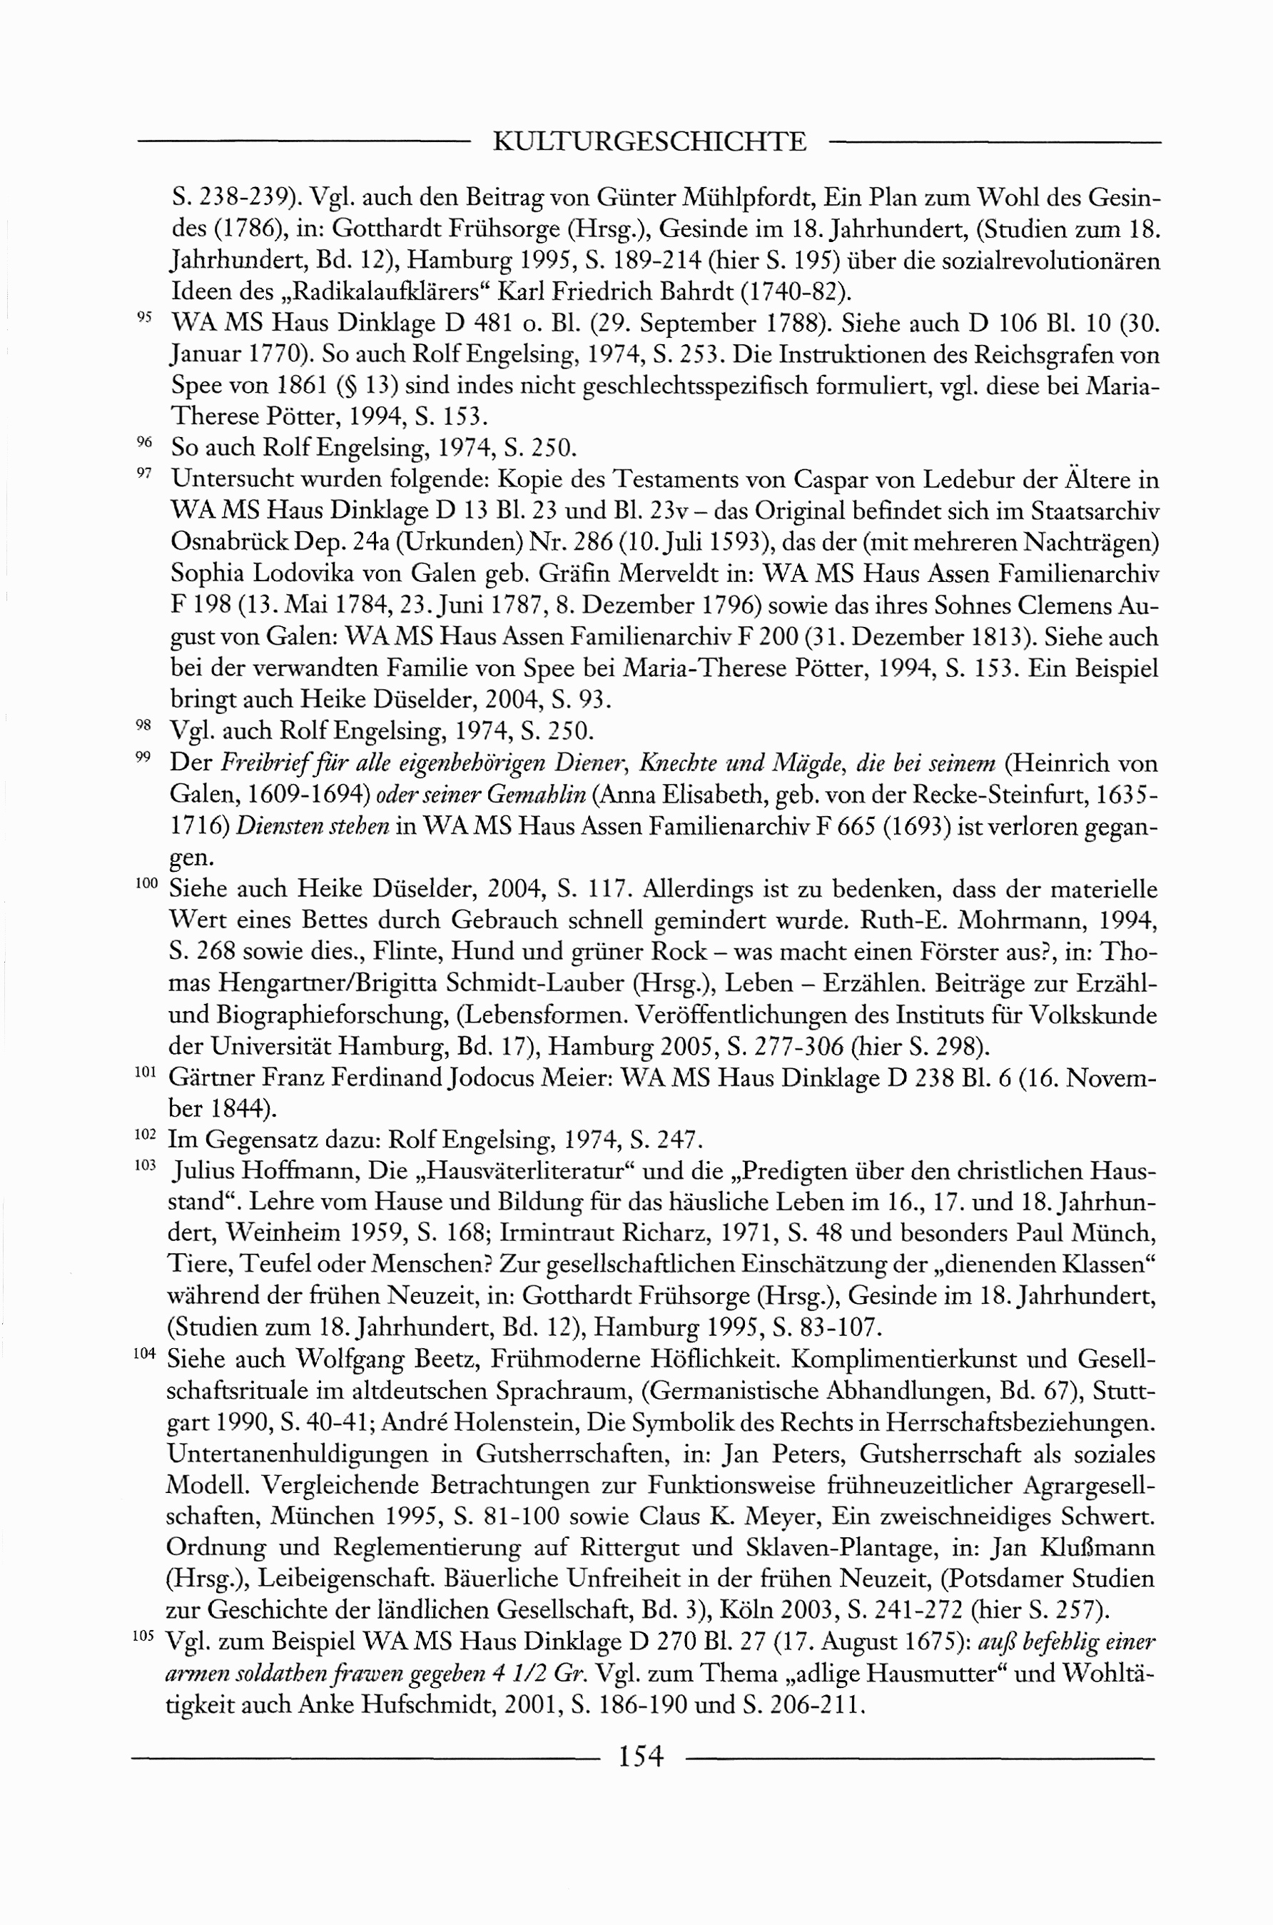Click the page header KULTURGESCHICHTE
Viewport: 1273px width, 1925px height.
[649, 142]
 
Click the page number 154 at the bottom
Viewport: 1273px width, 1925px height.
[641, 1757]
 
